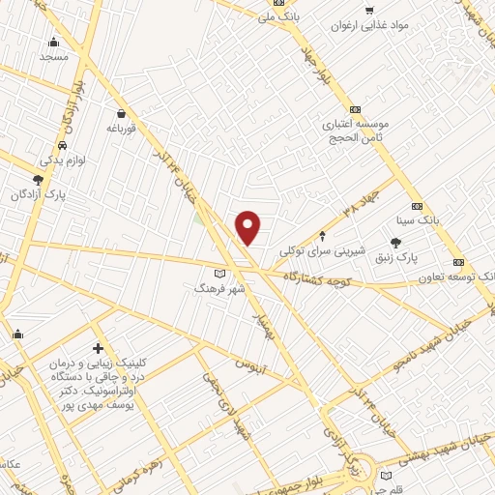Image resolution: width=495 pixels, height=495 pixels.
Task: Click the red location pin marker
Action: pos(248,227)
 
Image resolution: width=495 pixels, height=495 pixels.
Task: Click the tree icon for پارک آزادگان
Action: pos(38,180)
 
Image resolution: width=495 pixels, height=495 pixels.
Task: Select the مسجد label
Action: pos(54,57)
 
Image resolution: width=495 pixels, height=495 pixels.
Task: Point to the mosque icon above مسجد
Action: pos(53,43)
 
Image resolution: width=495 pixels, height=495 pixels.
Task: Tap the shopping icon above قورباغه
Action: pos(119,113)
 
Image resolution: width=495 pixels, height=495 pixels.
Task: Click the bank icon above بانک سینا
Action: pos(417,206)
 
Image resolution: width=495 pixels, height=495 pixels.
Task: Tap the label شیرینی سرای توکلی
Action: pos(324,249)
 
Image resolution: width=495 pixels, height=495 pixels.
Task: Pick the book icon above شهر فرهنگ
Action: pos(230,274)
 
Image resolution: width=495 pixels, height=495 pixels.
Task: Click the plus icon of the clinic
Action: pos(98,347)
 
